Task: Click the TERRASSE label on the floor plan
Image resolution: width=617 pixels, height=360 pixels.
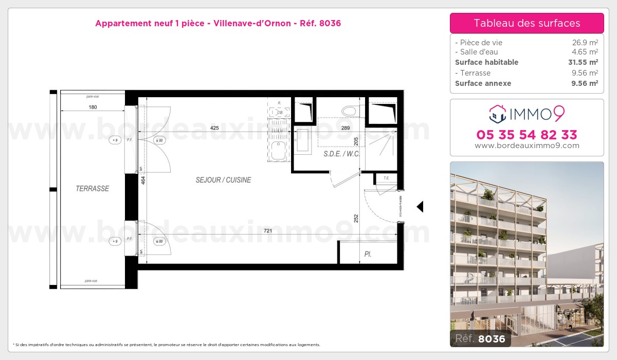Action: [x=93, y=189]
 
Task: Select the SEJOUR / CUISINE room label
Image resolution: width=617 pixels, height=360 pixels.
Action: [x=223, y=180]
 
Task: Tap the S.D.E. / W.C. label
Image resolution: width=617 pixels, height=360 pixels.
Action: [x=341, y=154]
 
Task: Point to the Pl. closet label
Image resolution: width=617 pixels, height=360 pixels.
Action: [x=368, y=254]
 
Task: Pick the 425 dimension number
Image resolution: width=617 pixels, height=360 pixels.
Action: [x=215, y=128]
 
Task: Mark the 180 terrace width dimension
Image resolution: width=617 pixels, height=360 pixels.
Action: [x=93, y=107]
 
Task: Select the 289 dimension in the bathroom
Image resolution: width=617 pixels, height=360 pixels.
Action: [x=346, y=128]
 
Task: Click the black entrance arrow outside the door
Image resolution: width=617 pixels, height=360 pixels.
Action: [x=420, y=207]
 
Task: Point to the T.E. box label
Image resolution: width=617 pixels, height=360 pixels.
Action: [x=386, y=178]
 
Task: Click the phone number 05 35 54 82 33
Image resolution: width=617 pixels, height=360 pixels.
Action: [x=527, y=135]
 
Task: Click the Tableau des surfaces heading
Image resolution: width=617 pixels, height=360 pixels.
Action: [x=527, y=23]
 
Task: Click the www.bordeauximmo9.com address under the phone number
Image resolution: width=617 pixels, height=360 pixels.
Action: [x=527, y=146]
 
